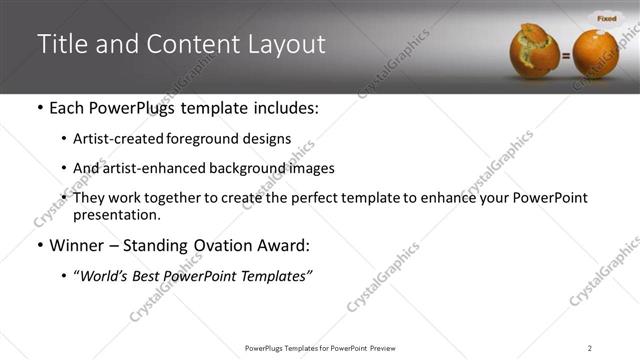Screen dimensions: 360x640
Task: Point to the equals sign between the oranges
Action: (565, 57)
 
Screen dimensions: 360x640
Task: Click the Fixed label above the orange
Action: (606, 18)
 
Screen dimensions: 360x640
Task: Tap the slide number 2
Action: (590, 348)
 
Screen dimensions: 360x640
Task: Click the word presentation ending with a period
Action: (117, 214)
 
